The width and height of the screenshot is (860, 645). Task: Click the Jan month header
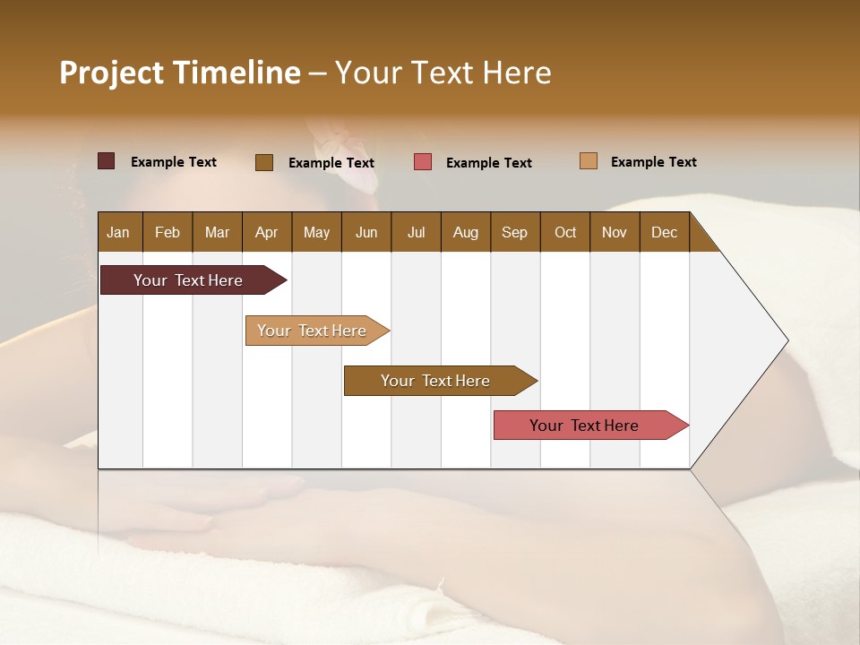(119, 232)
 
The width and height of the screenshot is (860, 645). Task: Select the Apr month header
(267, 232)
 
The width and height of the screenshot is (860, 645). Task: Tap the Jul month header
(416, 232)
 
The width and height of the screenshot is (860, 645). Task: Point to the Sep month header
(514, 232)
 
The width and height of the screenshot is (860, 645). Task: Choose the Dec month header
(664, 232)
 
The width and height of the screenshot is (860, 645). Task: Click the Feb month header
(168, 232)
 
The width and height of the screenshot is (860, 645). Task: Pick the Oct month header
(565, 232)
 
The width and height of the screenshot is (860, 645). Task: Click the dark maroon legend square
(106, 161)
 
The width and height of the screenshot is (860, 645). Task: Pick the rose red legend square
(423, 162)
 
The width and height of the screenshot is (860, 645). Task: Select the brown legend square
(264, 162)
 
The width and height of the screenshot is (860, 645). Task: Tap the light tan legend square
(589, 161)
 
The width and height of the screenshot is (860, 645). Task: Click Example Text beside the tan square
(653, 162)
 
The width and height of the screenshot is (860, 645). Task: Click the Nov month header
(615, 232)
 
